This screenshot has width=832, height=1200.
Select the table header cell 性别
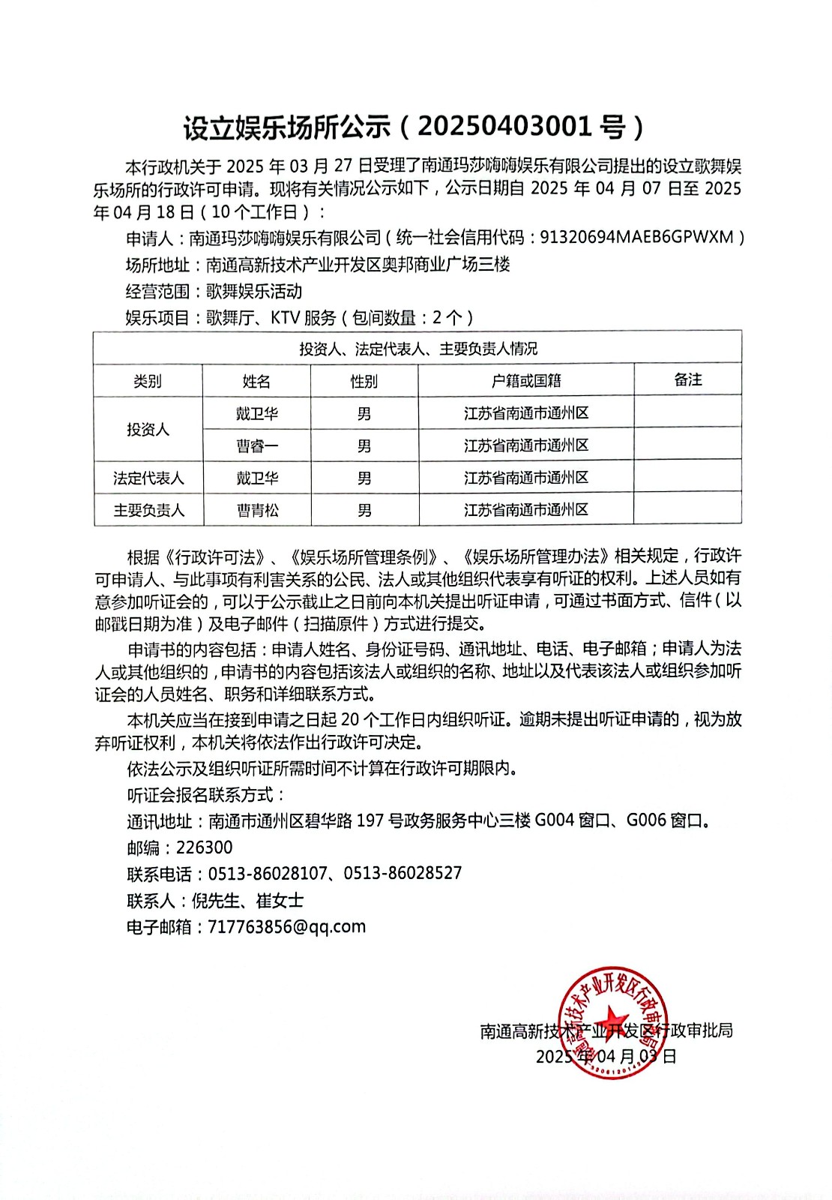coord(364,381)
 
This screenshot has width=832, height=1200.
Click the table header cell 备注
coord(687,379)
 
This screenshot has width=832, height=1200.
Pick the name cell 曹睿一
coord(256,445)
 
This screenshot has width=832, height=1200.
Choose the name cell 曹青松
coord(256,510)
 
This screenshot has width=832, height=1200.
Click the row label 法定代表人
coord(148,478)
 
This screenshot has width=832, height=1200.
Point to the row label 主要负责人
coord(148,510)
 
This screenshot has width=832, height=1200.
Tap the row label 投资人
coord(148,429)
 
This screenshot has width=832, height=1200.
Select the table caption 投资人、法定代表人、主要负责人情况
coord(418,349)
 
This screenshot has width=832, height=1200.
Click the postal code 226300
coord(204,847)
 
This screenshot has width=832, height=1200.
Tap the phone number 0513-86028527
coord(403,873)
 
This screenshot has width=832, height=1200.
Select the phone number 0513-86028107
coord(268,873)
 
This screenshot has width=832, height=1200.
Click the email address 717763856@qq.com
coord(286,926)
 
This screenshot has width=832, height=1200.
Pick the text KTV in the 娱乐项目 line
coord(285,318)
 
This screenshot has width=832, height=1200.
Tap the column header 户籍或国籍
coord(526,381)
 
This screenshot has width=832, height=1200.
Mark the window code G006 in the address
coord(646,820)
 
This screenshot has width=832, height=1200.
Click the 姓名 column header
coord(256,381)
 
